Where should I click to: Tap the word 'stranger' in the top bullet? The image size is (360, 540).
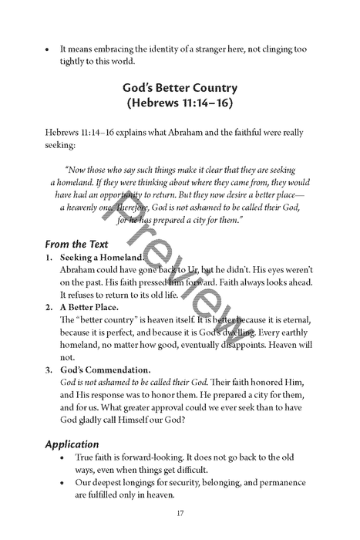(x=215, y=49)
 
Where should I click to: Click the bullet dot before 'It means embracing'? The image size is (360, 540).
(x=49, y=49)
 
